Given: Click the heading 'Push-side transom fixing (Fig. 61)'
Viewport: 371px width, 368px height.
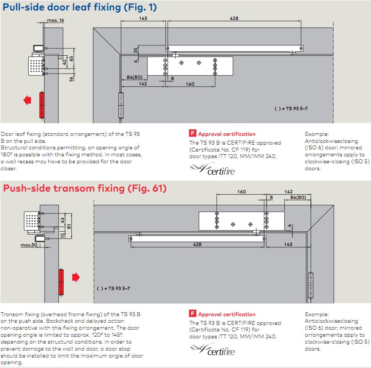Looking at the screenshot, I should (85, 189).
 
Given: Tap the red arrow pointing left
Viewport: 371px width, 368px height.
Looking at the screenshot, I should (27, 101).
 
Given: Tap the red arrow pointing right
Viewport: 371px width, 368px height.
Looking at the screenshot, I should (76, 277).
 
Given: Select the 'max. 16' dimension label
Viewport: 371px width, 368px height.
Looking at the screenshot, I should (55, 20).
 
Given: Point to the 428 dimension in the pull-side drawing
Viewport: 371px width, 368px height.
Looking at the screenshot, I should (234, 18).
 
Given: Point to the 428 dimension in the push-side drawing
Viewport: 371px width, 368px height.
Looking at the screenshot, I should (197, 245).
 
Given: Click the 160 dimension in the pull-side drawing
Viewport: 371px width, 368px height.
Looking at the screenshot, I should (190, 84).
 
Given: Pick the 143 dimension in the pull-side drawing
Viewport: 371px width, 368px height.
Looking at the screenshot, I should (143, 18).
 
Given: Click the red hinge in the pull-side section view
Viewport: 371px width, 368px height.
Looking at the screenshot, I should (42, 105).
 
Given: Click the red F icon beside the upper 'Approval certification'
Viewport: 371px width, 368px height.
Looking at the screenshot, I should (192, 134).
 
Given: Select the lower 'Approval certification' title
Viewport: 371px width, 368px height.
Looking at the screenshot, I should (226, 314).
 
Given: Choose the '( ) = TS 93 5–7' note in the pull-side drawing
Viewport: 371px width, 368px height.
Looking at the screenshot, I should (291, 108).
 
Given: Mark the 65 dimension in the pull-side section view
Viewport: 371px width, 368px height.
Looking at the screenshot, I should (71, 58).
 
